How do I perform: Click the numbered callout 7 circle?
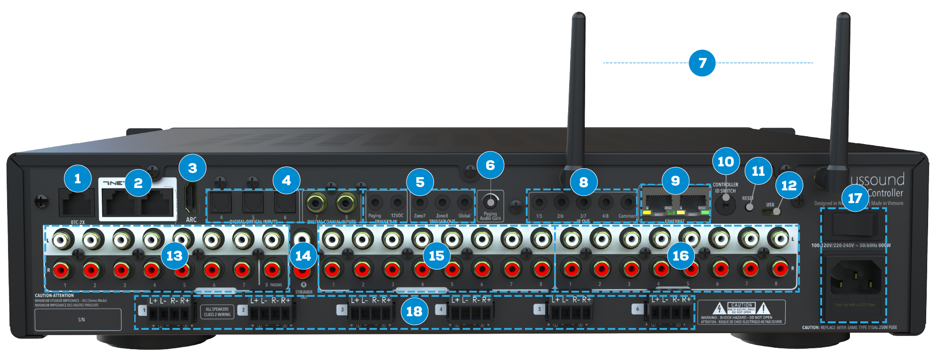click(702, 63)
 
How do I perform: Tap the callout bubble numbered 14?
click(303, 256)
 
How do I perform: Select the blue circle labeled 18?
click(414, 311)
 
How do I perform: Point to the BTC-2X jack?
click(77, 203)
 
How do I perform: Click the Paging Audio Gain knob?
click(490, 203)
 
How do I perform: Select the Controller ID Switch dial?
click(726, 205)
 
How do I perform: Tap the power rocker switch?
click(854, 224)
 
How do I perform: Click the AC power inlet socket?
click(854, 278)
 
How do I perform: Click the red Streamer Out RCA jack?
click(302, 271)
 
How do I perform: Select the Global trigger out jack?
click(464, 203)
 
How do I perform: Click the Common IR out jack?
click(628, 203)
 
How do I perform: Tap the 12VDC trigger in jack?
click(397, 203)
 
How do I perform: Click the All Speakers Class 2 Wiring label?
click(217, 312)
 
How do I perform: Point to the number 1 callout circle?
click(78, 179)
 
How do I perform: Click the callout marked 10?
click(726, 162)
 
